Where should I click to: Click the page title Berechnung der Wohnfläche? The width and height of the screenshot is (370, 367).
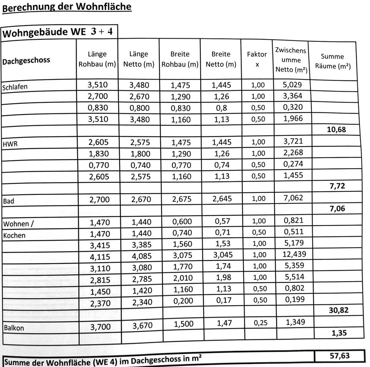[x=67, y=7]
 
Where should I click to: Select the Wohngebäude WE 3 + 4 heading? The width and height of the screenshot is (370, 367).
[x=58, y=32]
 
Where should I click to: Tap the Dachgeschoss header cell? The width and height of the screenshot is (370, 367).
[x=26, y=61]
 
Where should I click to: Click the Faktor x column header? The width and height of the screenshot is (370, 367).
[x=257, y=59]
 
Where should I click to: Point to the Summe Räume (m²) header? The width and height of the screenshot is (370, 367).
[x=333, y=61]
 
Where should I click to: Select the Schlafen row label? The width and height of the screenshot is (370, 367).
[x=15, y=87]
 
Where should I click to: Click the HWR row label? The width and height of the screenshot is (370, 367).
[x=10, y=144]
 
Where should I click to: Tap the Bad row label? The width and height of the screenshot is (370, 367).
[x=9, y=201]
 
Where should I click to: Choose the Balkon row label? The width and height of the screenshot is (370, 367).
[x=14, y=328]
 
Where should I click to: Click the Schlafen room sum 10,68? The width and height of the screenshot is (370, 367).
[x=336, y=130]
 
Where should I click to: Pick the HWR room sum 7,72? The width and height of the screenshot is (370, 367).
[x=337, y=186]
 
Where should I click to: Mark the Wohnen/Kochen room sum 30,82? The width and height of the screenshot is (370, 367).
[x=338, y=310]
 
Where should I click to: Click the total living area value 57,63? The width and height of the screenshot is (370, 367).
[x=339, y=356]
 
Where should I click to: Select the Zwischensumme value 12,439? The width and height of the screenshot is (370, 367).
[x=294, y=254]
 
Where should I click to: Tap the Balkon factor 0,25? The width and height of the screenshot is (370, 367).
[x=261, y=323]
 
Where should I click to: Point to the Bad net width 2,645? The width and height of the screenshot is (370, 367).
[x=222, y=199]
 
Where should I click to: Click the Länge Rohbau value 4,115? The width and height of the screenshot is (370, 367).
[x=100, y=257]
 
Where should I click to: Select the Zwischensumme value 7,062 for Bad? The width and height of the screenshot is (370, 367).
[x=293, y=198]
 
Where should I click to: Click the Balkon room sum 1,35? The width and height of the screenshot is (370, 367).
[x=339, y=333]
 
